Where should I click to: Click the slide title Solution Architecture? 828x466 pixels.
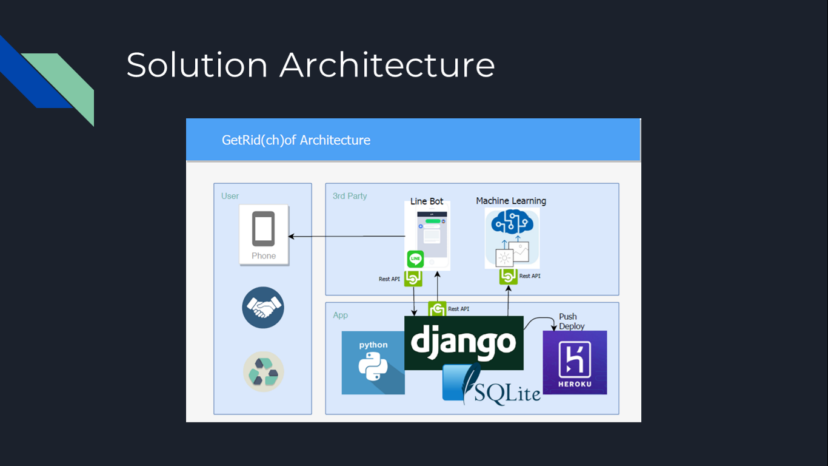click(x=310, y=65)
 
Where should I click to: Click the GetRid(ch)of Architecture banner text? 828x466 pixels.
click(x=296, y=140)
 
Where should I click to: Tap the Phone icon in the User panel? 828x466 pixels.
click(x=264, y=235)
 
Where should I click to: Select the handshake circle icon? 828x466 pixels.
click(x=263, y=308)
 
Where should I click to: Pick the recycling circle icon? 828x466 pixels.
click(x=263, y=372)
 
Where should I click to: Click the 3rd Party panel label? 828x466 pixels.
click(x=350, y=196)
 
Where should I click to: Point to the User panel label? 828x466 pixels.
click(x=230, y=196)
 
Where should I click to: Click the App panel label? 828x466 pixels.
click(x=340, y=315)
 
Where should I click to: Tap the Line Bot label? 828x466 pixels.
click(x=427, y=201)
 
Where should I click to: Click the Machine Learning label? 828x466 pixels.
click(x=511, y=201)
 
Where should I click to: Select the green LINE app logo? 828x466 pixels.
click(x=415, y=259)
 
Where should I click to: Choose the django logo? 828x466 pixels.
click(x=464, y=342)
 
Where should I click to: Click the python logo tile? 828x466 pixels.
click(x=373, y=362)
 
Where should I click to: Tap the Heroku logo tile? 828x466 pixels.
click(x=575, y=362)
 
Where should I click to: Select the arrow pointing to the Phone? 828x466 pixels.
click(x=346, y=236)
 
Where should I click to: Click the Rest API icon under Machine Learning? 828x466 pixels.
click(x=509, y=277)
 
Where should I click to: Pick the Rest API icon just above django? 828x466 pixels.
click(x=437, y=309)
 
